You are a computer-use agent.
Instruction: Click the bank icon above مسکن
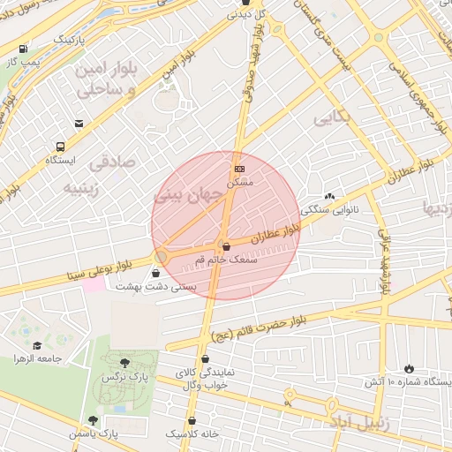(x=239, y=169)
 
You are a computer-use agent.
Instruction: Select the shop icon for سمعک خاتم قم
(x=227, y=246)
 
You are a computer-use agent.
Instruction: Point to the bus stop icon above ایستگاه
(x=60, y=147)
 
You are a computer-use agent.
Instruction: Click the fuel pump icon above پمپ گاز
(x=22, y=49)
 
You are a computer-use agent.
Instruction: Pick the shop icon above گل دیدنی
(x=245, y=3)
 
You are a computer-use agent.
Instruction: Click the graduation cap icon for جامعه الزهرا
(x=37, y=345)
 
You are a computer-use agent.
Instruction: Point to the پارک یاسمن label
(x=95, y=433)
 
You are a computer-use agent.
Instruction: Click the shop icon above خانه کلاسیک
(x=195, y=421)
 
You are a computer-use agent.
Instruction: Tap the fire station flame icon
(x=409, y=367)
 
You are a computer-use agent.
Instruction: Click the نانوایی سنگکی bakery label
(x=330, y=210)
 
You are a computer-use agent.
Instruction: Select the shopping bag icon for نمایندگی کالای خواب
(x=205, y=359)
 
